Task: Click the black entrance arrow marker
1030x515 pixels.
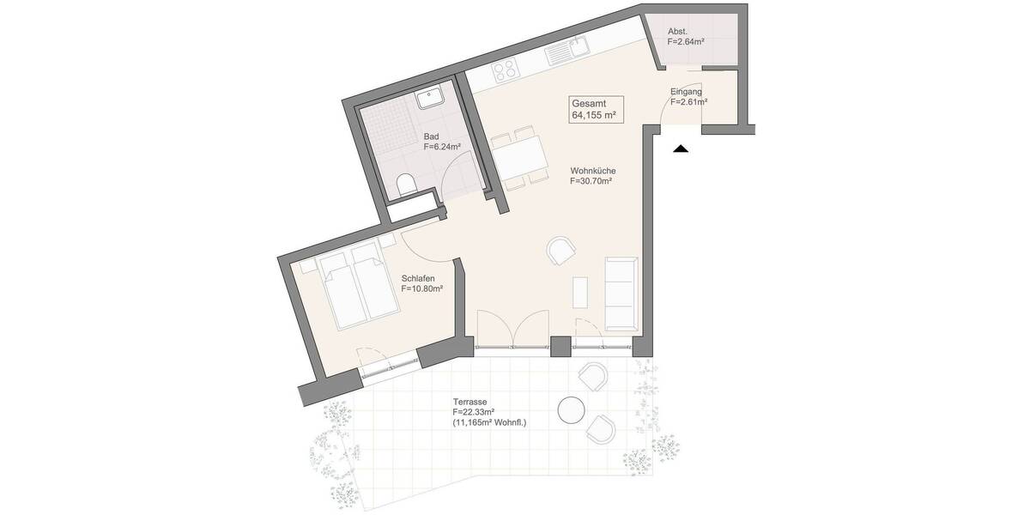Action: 681,149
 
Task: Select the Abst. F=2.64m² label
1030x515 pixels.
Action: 687,35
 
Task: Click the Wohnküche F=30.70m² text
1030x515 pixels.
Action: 591,176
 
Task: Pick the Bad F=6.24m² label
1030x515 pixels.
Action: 441,142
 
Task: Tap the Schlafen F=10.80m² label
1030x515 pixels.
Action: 421,284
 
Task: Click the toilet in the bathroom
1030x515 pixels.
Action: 407,183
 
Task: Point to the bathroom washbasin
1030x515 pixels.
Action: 429,99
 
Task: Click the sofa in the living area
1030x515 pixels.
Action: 621,292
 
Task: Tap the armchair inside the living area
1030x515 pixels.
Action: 562,251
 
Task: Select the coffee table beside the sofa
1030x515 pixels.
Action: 581,291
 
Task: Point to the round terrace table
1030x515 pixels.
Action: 572,410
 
